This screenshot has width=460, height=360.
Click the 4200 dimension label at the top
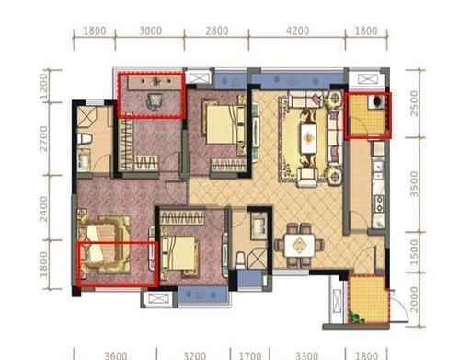pyautogui.click(x=297, y=30)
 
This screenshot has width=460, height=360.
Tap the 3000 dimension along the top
pyautogui.click(x=151, y=30)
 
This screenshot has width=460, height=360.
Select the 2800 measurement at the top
pyautogui.click(x=217, y=30)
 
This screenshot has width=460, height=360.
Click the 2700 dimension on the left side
pyautogui.click(x=43, y=139)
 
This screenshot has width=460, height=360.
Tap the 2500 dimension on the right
pyautogui.click(x=414, y=103)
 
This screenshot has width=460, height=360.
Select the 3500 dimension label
pyautogui.click(x=414, y=184)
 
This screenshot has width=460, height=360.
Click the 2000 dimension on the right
pyautogui.click(x=414, y=299)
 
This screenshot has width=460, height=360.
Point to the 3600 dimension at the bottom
pyautogui.click(x=116, y=355)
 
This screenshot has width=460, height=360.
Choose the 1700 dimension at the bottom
pyautogui.click(x=250, y=355)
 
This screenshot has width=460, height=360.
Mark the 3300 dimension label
pyautogui.click(x=306, y=355)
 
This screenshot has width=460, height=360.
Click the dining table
pyautogui.click(x=299, y=245)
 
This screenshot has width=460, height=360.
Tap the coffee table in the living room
pyautogui.click(x=308, y=138)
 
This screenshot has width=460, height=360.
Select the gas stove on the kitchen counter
pyautogui.click(x=379, y=204)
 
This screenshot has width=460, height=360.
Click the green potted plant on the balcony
pyautogui.click(x=356, y=318)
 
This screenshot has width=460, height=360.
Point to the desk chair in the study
pyautogui.click(x=155, y=101)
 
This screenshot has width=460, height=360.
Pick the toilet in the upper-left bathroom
pyautogui.click(x=85, y=138)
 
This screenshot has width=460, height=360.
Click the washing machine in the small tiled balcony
pyautogui.click(x=377, y=102)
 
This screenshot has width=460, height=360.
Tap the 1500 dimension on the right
pyautogui.click(x=414, y=252)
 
